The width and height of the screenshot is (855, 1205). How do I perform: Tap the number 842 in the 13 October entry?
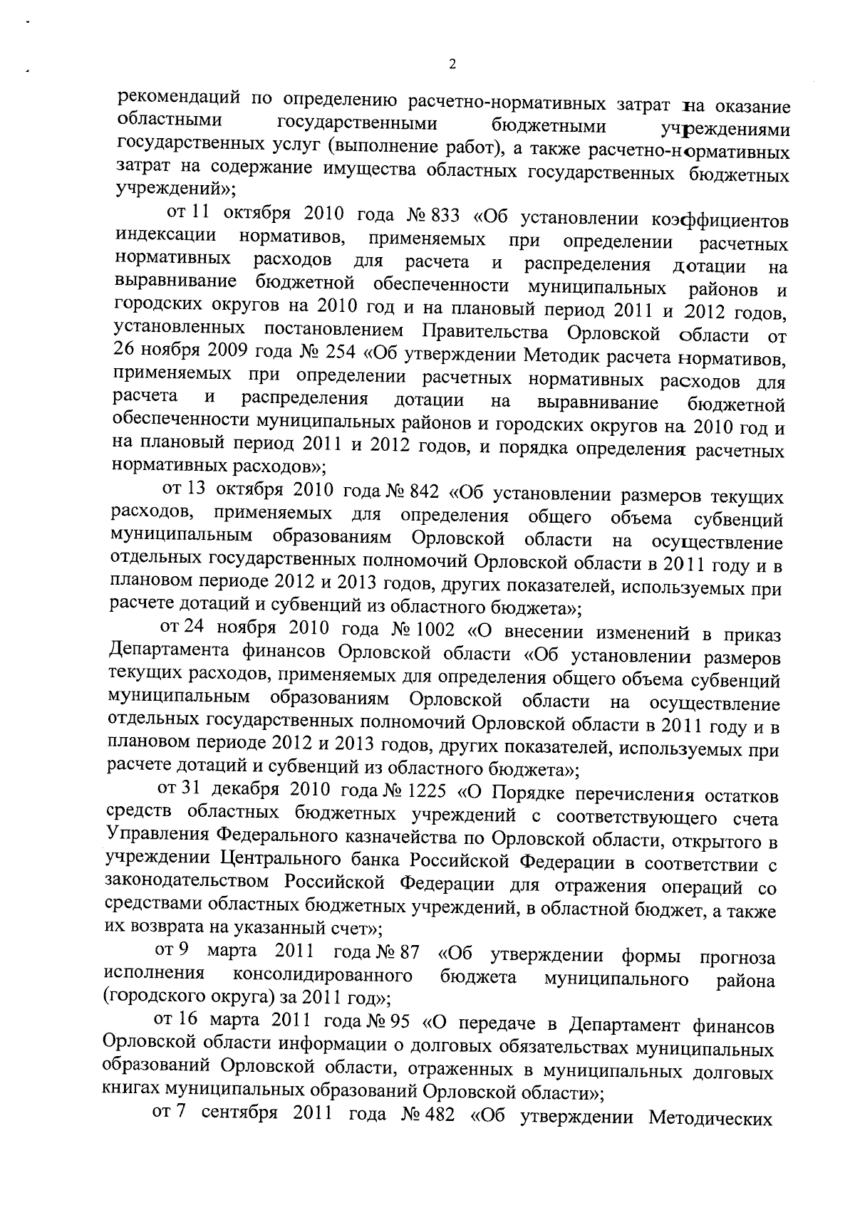coord(426,492)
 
